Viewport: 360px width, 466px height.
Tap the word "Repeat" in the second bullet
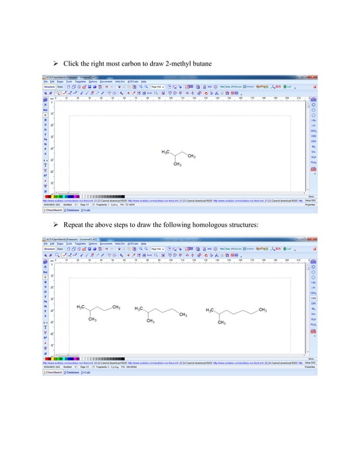(x=74, y=225)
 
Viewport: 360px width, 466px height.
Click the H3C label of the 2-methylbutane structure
(x=166, y=152)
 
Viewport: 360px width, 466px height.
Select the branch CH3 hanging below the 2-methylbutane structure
(x=177, y=164)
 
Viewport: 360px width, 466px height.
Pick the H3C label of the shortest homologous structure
(x=81, y=307)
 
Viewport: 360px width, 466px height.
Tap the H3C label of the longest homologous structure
(x=210, y=310)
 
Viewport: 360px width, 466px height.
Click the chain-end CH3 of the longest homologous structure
(x=262, y=310)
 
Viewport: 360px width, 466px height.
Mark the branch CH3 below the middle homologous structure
(x=151, y=321)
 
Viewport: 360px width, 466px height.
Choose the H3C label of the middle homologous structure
(x=139, y=309)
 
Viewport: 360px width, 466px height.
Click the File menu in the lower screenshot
(x=47, y=244)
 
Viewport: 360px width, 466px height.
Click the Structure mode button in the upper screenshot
(x=49, y=87)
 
